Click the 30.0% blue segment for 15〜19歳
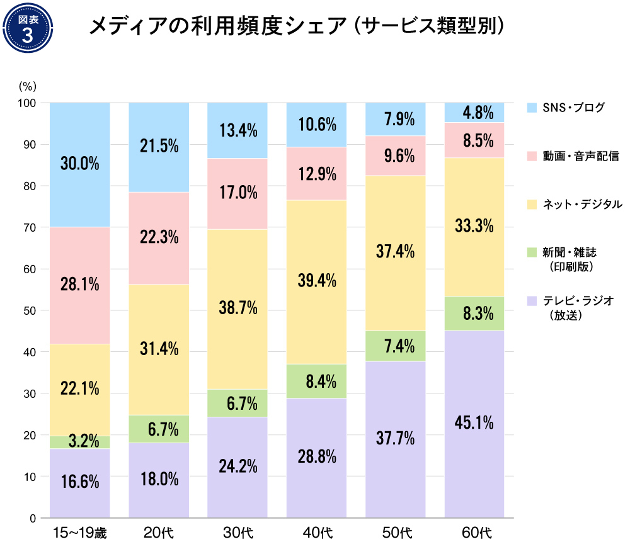(x=80, y=164)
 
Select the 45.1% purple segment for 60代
(x=474, y=424)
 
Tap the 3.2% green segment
(x=80, y=442)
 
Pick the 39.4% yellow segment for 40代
(x=317, y=282)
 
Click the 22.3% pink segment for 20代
(x=159, y=238)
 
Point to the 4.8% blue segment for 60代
(x=474, y=113)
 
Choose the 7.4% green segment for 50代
(x=396, y=346)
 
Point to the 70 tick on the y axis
(x=30, y=227)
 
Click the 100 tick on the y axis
(x=28, y=103)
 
